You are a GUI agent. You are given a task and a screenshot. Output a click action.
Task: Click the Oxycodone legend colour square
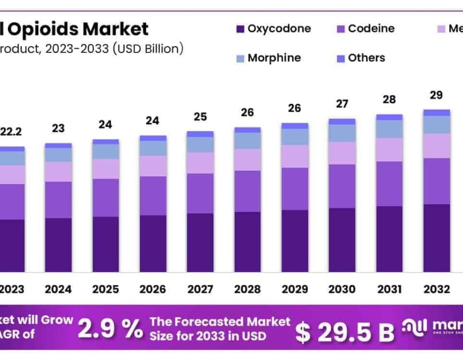[x=240, y=29]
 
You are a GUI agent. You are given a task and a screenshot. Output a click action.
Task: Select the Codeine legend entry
[x=370, y=29]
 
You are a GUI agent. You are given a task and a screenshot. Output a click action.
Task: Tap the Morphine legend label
[x=274, y=58]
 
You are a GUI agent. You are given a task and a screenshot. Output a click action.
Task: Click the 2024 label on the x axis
[x=58, y=289]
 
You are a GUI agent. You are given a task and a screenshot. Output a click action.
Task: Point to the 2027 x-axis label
[x=200, y=289]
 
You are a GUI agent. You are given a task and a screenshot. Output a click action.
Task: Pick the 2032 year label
[x=437, y=289]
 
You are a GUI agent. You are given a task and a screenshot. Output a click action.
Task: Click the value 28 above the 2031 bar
[x=389, y=99]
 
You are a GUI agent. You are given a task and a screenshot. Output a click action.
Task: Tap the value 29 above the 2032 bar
[x=437, y=95]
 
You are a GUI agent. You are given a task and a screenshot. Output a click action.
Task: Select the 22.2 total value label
[x=11, y=132]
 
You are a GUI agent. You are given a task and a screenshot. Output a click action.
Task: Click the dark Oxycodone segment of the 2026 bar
[x=153, y=243]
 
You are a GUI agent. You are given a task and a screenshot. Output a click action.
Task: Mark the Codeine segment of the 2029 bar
[x=295, y=189]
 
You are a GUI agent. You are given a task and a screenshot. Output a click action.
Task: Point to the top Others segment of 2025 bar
[x=105, y=141]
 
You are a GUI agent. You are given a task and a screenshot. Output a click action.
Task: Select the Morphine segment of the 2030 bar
[x=342, y=133]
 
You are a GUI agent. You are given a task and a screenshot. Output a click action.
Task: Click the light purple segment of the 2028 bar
[x=247, y=159]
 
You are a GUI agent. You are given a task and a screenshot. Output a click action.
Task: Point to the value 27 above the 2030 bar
[x=342, y=103]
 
